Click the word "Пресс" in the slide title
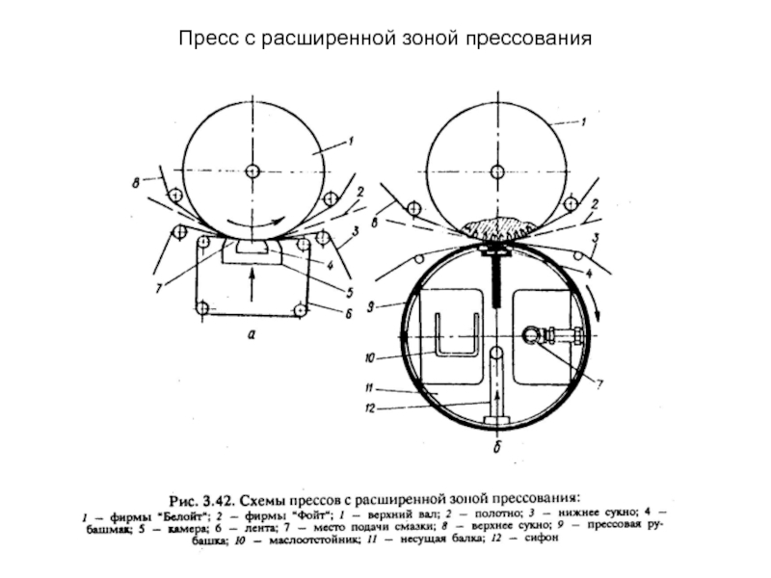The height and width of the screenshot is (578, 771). click(205, 39)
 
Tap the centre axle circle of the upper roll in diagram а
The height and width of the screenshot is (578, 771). click(252, 172)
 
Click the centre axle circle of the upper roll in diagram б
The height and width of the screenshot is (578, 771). click(495, 172)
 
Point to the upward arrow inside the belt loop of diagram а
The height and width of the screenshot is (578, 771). click(253, 284)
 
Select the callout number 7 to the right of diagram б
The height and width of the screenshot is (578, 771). click(598, 384)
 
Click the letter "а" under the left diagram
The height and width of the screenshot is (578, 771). click(252, 336)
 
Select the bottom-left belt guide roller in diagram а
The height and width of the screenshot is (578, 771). click(201, 308)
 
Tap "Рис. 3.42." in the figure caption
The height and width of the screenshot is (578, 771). click(201, 498)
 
